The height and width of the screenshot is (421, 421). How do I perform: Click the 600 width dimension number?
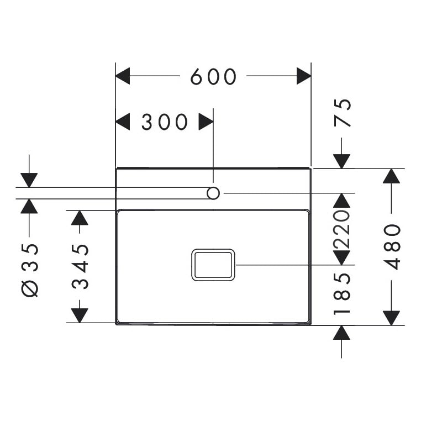click(x=213, y=77)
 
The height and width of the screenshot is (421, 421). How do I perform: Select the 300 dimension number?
click(x=165, y=122)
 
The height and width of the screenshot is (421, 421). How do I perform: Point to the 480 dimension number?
click(x=392, y=246)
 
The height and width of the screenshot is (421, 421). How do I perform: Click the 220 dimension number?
click(x=343, y=229)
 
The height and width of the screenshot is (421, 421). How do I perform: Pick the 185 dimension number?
click(x=343, y=293)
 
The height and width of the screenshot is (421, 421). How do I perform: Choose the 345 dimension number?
click(x=81, y=267)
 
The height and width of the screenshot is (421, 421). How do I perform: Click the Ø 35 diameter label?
click(x=31, y=270)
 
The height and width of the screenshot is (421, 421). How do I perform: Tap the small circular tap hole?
click(x=213, y=193)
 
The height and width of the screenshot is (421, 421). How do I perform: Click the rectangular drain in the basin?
click(x=213, y=265)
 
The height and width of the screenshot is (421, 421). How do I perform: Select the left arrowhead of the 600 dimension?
click(x=122, y=76)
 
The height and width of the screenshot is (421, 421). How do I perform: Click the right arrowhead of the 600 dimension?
click(x=304, y=76)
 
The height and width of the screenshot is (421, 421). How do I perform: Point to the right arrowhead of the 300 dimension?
click(x=206, y=122)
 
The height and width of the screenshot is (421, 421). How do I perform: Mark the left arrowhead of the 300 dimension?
click(x=122, y=122)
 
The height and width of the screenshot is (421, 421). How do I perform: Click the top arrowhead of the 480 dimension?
click(x=391, y=176)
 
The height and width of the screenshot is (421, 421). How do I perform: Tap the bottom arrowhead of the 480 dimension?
click(x=391, y=318)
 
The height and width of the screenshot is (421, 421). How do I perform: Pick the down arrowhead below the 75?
click(x=342, y=161)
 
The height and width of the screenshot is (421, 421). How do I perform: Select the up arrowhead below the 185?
click(x=342, y=333)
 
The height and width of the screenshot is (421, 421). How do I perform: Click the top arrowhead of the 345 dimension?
click(x=80, y=218)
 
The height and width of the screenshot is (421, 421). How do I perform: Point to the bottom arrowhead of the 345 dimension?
click(x=80, y=315)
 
